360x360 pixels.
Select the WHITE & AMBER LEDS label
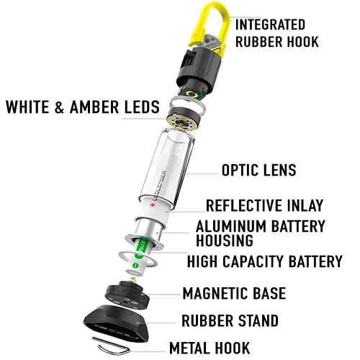pos(82,108)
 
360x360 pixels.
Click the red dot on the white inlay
pos(153,204)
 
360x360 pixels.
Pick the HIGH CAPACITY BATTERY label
pos(264,261)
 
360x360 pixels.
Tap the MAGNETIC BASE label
pos(233,293)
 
